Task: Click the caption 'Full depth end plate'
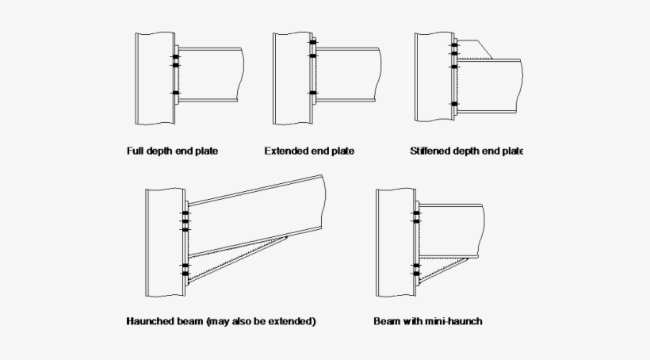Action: [172, 151]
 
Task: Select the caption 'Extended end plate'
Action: [308, 151]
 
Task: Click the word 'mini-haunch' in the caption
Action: [455, 322]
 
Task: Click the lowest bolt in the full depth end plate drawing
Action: [176, 94]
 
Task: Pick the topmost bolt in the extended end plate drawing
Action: [313, 41]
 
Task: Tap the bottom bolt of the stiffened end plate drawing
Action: [454, 104]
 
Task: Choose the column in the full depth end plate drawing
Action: [155, 79]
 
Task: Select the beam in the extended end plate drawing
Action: [349, 75]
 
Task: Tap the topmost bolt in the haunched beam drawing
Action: [186, 213]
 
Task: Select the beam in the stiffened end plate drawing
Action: [491, 83]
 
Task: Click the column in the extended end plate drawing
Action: [292, 79]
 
